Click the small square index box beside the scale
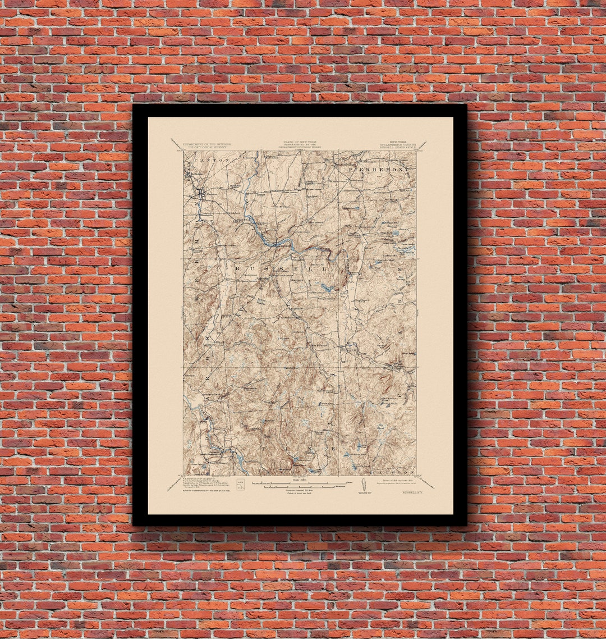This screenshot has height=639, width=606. click(241, 484)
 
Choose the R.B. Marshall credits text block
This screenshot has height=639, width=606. click(204, 482)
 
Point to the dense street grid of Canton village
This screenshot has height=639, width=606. click(200, 194)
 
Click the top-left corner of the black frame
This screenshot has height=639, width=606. click(134, 106)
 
